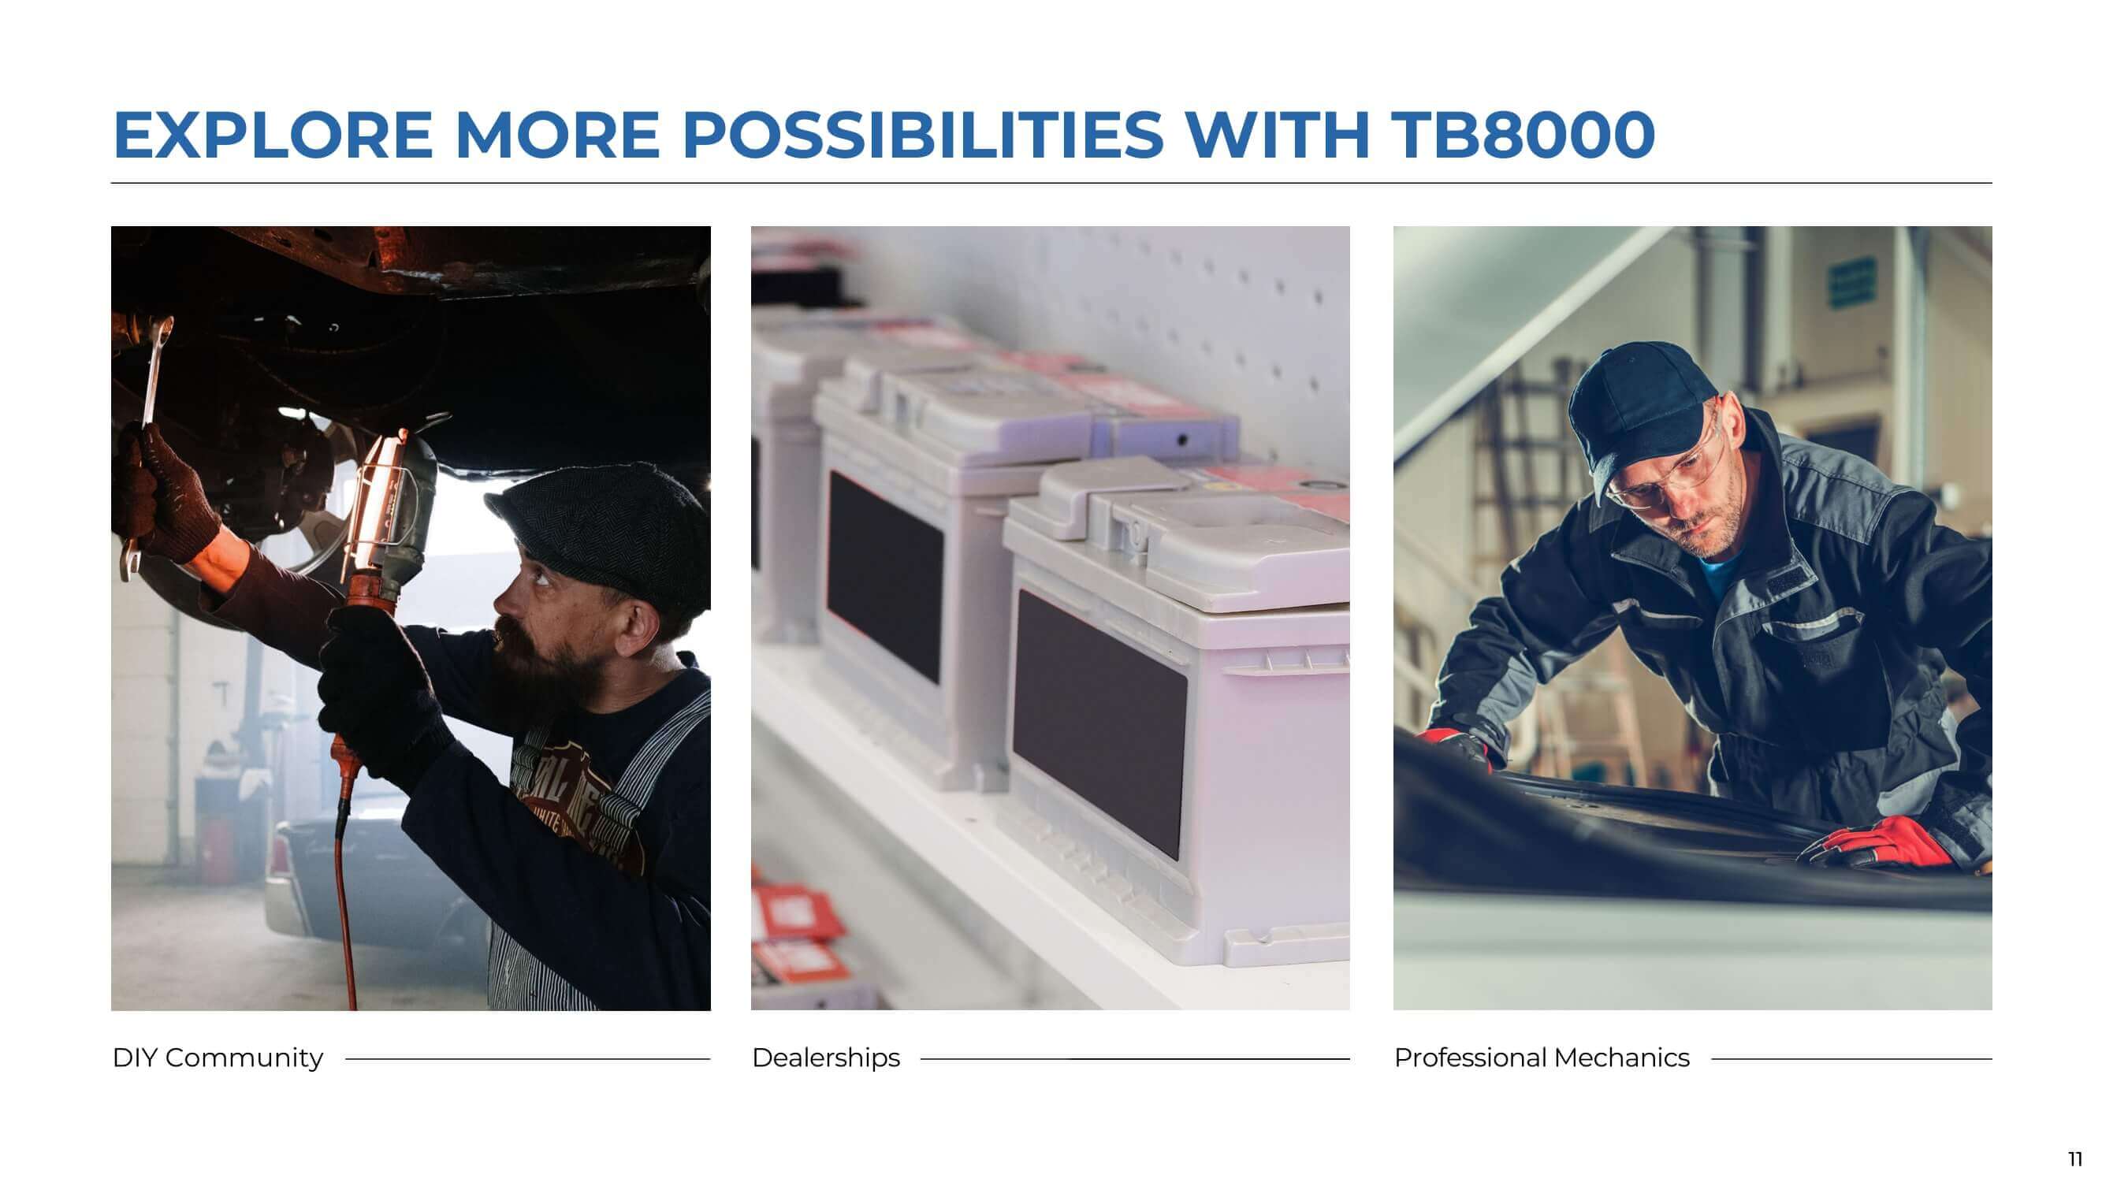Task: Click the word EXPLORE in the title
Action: tap(273, 135)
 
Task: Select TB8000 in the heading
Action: tap(1523, 135)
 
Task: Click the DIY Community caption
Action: tap(218, 1057)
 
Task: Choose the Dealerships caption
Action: tap(826, 1057)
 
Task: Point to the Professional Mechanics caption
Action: tap(1542, 1057)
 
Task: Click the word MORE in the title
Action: tap(557, 135)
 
